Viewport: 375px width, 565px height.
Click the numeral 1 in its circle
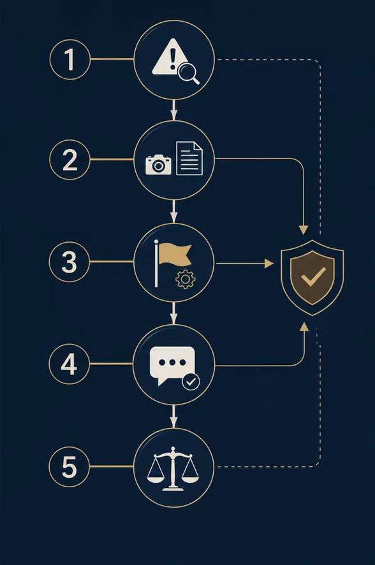point(70,59)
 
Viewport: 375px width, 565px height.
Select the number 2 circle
point(70,160)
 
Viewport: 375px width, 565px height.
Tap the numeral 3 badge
point(69,262)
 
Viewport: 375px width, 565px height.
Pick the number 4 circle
point(69,364)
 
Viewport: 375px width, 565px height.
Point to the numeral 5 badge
point(69,467)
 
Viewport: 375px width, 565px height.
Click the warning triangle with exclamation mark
point(170,58)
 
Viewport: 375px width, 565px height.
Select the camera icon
point(158,165)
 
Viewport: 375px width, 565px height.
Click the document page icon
point(189,158)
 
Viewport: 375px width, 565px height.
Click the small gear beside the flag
point(186,279)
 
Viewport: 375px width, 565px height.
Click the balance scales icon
point(173,469)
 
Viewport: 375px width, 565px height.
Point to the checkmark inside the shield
point(313,278)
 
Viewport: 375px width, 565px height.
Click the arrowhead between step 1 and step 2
point(174,115)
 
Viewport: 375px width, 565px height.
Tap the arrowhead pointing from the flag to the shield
point(269,264)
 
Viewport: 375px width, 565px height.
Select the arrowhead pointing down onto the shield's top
point(304,230)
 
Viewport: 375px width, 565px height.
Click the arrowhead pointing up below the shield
point(304,327)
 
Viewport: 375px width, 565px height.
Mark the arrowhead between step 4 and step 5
point(174,423)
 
